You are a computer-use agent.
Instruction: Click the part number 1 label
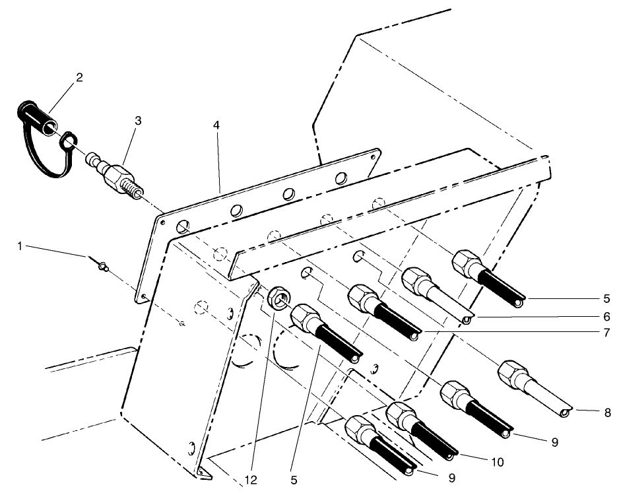click(x=20, y=246)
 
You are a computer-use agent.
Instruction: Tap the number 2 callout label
click(x=79, y=78)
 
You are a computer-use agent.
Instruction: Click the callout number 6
click(x=606, y=317)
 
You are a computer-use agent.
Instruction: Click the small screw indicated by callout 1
click(x=102, y=267)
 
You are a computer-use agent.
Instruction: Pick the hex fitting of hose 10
click(x=400, y=414)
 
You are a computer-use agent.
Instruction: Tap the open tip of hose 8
click(x=564, y=413)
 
